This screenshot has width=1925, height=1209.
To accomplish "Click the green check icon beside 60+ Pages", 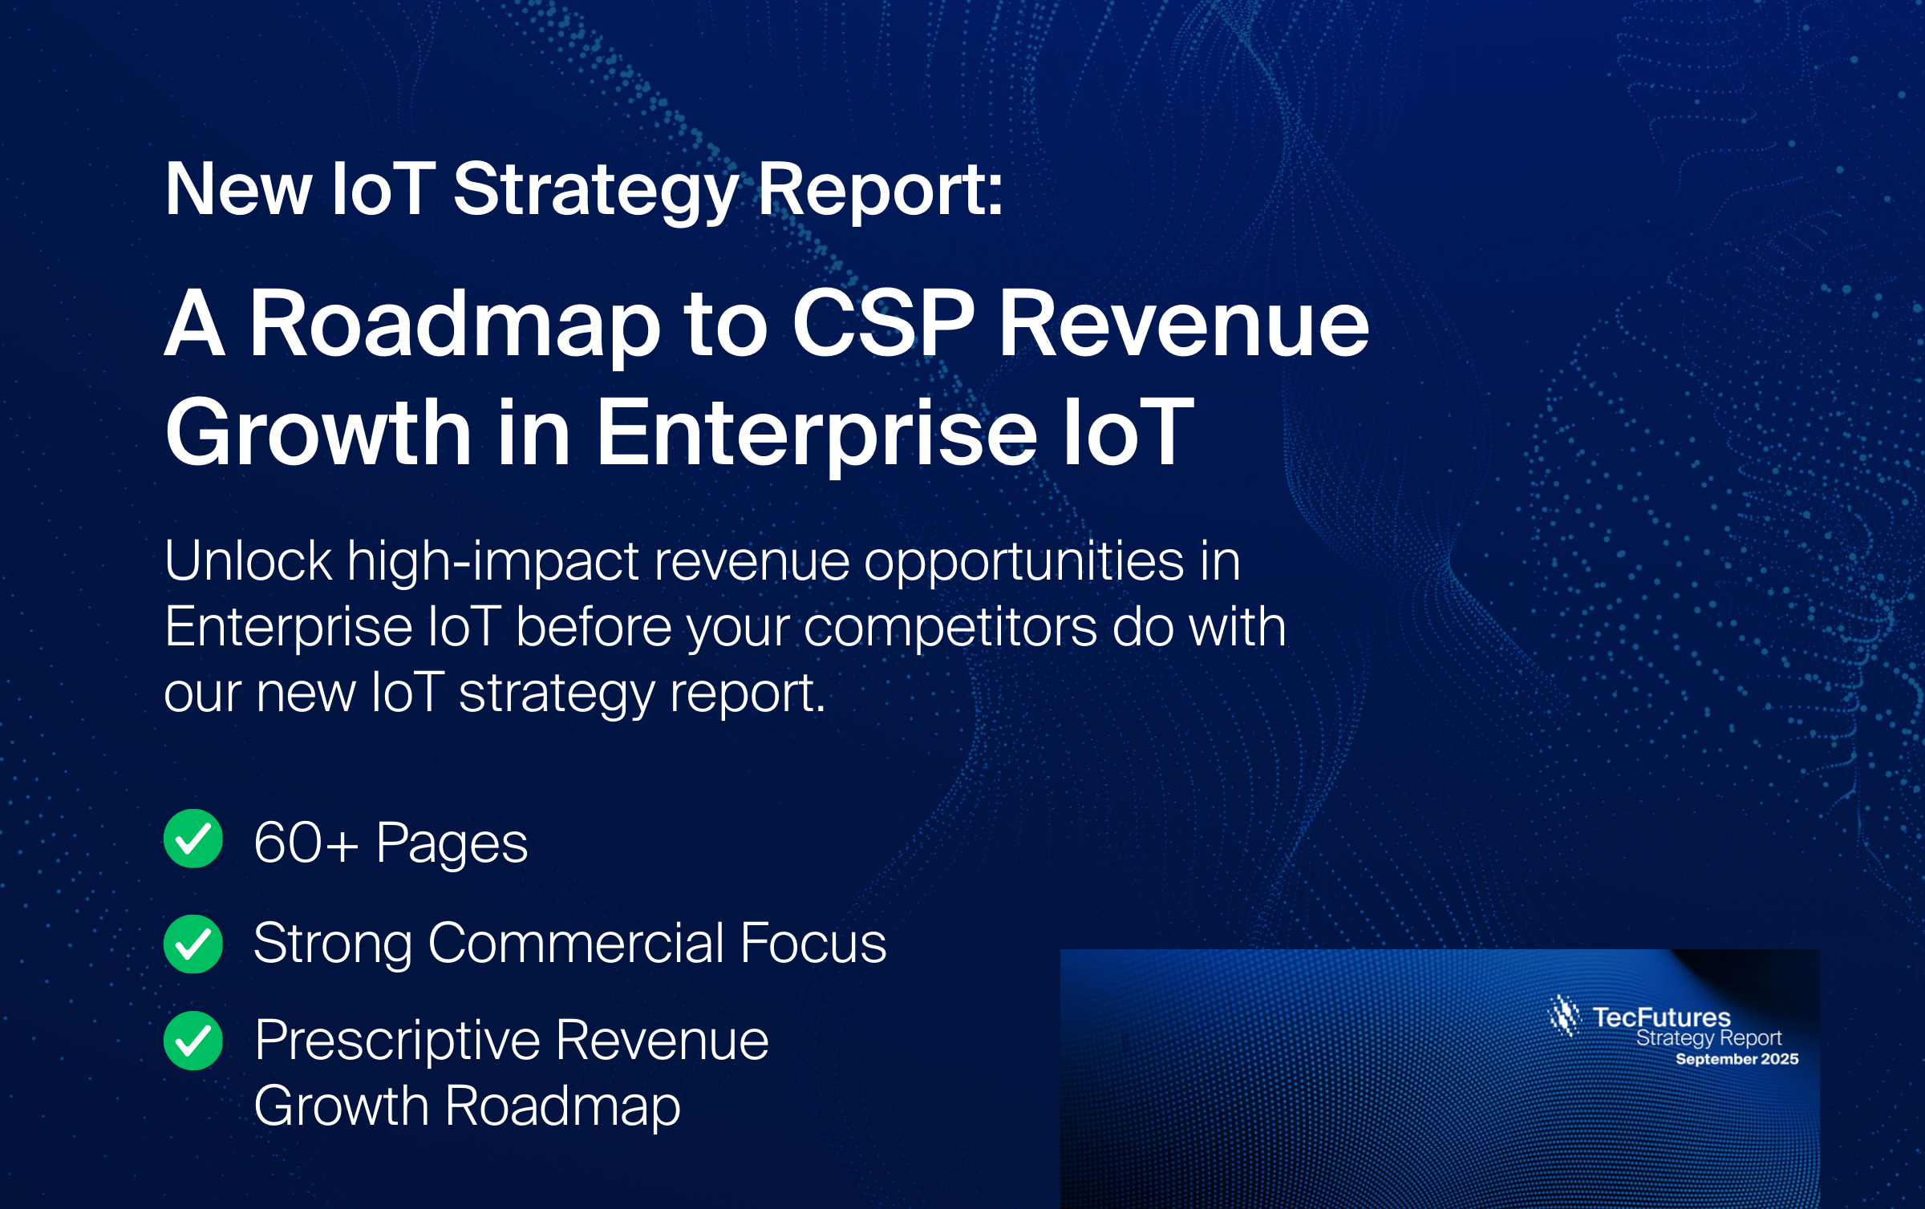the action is (193, 839).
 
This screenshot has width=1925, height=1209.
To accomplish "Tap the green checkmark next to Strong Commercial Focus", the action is (193, 944).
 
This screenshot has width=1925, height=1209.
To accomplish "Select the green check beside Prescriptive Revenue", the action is (193, 1041).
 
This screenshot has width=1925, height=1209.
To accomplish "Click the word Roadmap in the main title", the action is (455, 325).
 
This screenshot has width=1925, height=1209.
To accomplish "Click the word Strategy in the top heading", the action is (596, 192).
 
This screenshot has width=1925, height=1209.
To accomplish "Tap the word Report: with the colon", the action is (881, 190).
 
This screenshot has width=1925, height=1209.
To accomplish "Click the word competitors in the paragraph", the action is (950, 627).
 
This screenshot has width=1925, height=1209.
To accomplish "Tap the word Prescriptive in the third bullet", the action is (398, 1041).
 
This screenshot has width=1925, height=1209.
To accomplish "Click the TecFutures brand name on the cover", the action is (1661, 1017).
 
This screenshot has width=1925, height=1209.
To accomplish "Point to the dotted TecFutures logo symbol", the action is (1564, 1016).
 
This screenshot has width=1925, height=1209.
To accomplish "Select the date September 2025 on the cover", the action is (1737, 1059).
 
